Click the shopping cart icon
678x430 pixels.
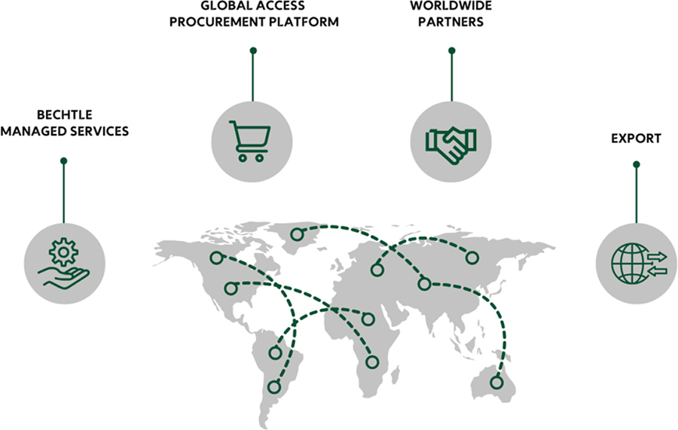click(x=252, y=141)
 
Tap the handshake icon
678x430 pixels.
click(x=451, y=142)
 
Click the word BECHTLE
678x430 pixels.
click(x=64, y=115)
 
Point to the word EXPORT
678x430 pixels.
click(x=637, y=139)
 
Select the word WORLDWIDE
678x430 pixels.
click(x=451, y=6)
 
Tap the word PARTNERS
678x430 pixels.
click(x=451, y=22)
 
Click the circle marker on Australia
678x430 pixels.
click(x=496, y=382)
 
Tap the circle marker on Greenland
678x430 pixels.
click(x=298, y=235)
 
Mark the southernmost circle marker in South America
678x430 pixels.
click(x=273, y=387)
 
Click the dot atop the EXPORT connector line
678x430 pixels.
click(x=637, y=164)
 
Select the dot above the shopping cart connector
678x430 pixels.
click(x=253, y=50)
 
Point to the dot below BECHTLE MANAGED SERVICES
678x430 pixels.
click(x=64, y=160)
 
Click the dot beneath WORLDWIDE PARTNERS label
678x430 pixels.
click(x=452, y=50)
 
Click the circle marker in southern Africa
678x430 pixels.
click(x=371, y=362)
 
